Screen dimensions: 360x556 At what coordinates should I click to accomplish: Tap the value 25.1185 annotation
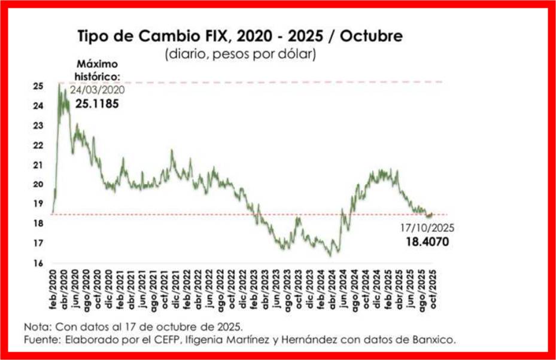[x=97, y=103]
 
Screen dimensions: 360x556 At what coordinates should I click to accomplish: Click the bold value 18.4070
[x=426, y=242]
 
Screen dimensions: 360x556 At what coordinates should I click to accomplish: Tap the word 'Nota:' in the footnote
[x=38, y=328]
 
